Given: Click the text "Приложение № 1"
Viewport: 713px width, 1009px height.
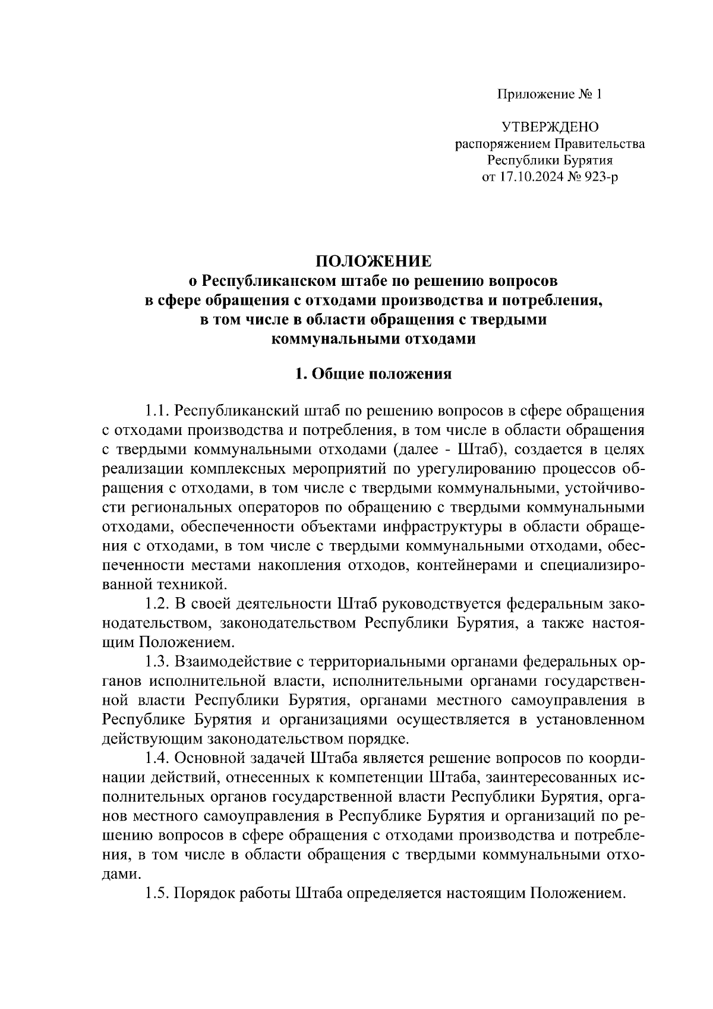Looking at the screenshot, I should (x=550, y=94).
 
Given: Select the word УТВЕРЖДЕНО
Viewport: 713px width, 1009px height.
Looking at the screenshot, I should (x=550, y=127).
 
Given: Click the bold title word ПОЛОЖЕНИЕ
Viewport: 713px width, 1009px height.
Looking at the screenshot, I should (x=374, y=261).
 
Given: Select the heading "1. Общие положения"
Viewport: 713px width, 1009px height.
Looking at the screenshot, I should (x=374, y=374).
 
